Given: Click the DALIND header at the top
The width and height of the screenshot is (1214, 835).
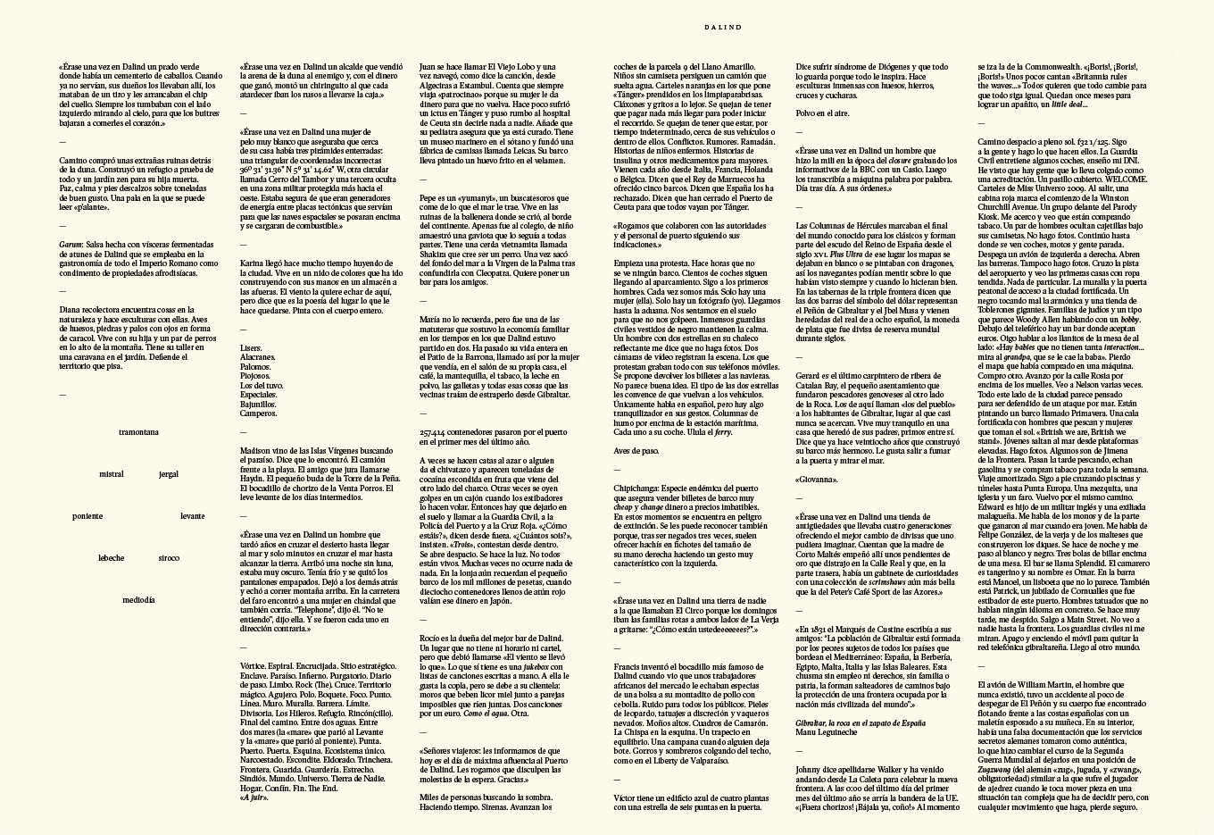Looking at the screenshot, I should coord(722,28).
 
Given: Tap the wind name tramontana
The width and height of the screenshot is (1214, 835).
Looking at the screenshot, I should coord(138,432).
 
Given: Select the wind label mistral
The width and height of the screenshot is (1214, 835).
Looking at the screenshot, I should coord(112,474).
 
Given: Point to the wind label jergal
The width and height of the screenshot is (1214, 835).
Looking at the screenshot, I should coord(168,474).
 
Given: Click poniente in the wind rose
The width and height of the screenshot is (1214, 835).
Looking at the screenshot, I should coord(87,516).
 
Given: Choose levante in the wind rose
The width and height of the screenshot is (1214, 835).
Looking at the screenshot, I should coord(192,516).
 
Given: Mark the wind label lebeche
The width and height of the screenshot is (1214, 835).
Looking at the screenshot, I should coord(112,558).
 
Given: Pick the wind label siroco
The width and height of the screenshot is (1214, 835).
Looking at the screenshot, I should coord(168,558).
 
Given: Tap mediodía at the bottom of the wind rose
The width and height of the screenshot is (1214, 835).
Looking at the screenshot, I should coord(138,600).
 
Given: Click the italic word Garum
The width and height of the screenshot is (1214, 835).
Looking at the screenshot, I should coord(71,243).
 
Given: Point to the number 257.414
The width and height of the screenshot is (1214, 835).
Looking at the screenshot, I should coord(436,432).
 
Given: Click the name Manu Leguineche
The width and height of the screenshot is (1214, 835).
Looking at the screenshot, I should coord(827,731).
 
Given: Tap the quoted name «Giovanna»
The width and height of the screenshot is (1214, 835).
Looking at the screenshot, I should coord(815,480).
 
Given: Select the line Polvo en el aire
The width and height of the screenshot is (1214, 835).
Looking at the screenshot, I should coord(822,113).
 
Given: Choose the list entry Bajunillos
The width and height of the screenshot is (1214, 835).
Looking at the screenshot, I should coord(258,404).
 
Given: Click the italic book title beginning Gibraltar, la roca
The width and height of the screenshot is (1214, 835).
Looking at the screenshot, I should coord(860,722).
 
